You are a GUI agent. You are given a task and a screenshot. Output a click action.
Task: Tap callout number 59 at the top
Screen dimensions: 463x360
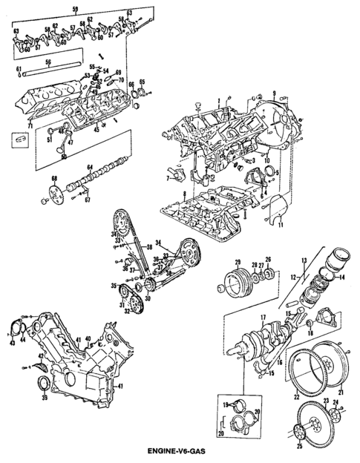(73, 9)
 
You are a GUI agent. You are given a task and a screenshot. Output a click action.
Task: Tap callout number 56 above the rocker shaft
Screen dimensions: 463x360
(48, 62)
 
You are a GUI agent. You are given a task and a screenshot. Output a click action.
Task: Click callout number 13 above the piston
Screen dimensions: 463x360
(303, 260)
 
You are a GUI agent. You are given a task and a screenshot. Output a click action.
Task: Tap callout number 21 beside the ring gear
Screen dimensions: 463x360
(340, 391)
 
